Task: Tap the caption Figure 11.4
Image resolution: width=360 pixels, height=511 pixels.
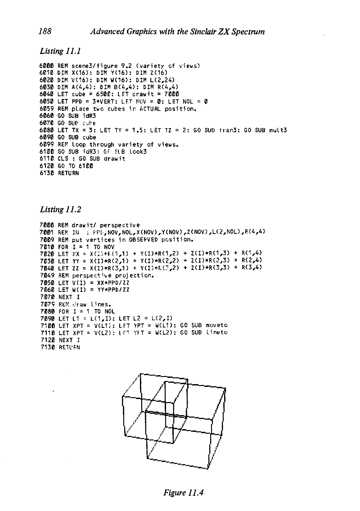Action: pos(184,492)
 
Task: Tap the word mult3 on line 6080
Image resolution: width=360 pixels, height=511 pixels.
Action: pos(278,130)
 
